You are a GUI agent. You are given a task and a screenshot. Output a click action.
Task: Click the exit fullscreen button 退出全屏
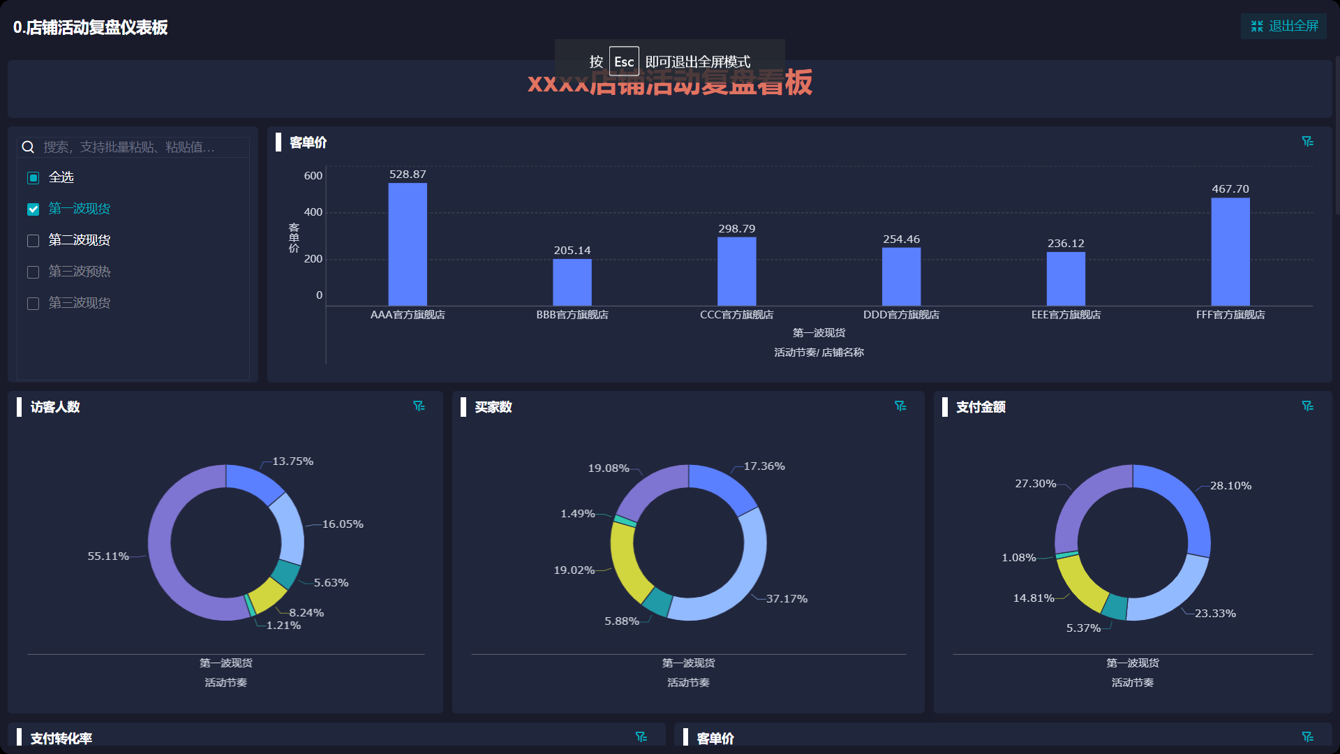[1284, 27]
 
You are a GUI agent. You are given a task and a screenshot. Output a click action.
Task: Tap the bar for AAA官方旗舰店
[408, 244]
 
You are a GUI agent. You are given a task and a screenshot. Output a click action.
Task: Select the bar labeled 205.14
[572, 282]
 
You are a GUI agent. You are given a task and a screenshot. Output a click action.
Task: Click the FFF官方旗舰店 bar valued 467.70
[1230, 251]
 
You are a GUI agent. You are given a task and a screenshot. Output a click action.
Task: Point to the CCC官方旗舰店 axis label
[736, 315]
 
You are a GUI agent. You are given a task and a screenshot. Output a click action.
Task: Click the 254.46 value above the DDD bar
[901, 239]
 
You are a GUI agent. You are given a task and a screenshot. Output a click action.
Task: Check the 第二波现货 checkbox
[33, 241]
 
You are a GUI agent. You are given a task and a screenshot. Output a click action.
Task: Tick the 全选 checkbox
[33, 178]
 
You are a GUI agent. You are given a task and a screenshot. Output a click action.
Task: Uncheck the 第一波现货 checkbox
[33, 209]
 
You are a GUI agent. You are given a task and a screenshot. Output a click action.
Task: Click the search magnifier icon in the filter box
[28, 147]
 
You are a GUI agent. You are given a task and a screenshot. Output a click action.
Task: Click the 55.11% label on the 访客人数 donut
[108, 556]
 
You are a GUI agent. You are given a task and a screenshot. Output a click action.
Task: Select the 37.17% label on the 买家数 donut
[787, 599]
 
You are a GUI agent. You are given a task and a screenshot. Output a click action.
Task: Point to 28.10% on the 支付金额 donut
[1230, 486]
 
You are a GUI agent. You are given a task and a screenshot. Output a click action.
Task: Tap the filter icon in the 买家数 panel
[900, 406]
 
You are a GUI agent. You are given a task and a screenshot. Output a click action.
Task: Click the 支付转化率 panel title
[61, 738]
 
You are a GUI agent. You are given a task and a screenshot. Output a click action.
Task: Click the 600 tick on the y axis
[313, 176]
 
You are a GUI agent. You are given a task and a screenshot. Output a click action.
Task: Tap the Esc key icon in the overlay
[624, 61]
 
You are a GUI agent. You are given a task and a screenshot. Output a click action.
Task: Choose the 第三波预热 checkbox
[33, 272]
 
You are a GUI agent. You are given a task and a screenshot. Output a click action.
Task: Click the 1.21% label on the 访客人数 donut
[283, 626]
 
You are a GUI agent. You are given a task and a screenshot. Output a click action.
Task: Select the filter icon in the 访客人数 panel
[419, 406]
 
